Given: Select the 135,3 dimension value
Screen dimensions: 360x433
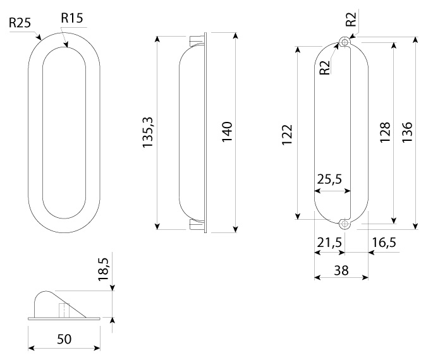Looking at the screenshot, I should pos(149,133).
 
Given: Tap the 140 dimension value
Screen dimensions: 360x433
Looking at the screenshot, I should pos(228,133).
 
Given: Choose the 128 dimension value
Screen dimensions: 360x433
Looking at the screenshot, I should pos(384,133).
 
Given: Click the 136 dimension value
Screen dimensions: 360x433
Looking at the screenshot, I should pos(407,133).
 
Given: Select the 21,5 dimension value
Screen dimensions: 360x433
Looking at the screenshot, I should pos(329,243).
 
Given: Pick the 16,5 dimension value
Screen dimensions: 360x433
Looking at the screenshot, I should pos(384,243).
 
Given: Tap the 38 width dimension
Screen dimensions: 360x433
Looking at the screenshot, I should pos(341,270).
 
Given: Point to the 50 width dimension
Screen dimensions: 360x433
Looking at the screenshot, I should pos(64,339).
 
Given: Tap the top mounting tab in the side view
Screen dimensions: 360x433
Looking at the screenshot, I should pos(197,39).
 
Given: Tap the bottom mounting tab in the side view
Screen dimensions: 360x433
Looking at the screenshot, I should pos(197,225).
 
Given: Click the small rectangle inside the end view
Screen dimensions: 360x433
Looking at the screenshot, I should pos(63,310).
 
